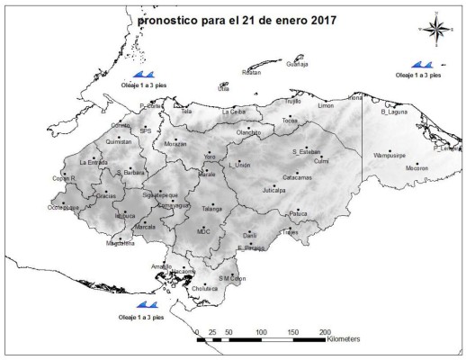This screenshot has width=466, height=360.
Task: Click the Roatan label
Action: coord(252,72)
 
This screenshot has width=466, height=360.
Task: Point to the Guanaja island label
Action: coord(297,65)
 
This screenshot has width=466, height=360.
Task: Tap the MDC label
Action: coord(203,231)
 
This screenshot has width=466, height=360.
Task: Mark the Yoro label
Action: coord(211,157)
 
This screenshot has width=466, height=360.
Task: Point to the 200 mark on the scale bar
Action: coord(326,332)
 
